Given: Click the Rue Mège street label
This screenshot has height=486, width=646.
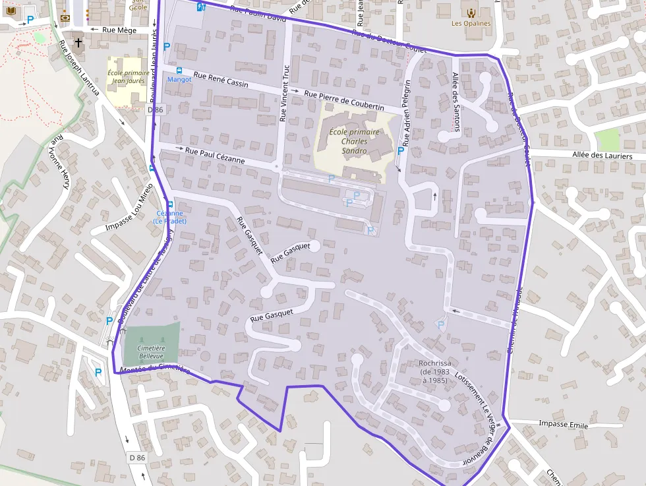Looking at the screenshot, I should (x=119, y=30).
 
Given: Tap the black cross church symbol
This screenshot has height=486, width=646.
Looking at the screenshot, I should (x=78, y=44).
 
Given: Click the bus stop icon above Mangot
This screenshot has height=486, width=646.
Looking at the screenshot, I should (x=179, y=70).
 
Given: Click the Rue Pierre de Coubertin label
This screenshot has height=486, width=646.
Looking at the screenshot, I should (x=344, y=100).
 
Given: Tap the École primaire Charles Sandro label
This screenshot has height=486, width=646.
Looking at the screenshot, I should (x=354, y=141).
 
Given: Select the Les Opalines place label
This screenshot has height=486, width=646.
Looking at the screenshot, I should (x=471, y=23).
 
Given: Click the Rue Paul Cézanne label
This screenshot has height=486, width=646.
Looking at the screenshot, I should (x=215, y=156).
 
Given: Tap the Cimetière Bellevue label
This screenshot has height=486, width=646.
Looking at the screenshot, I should (x=151, y=351).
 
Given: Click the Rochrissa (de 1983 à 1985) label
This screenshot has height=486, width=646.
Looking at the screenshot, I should (x=434, y=371).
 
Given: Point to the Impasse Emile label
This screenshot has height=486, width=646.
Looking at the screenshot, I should (x=563, y=424).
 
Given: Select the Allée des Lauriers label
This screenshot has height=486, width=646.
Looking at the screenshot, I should (x=602, y=156).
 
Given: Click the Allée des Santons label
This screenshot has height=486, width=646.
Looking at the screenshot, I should (x=456, y=93).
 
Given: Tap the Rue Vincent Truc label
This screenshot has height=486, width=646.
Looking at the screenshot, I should (x=285, y=93).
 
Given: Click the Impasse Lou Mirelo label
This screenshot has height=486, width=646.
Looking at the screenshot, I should (x=129, y=209).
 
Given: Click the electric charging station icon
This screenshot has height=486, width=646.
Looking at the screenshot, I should (x=201, y=6).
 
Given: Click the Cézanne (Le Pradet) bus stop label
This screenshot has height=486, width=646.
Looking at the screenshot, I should (x=170, y=217).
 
